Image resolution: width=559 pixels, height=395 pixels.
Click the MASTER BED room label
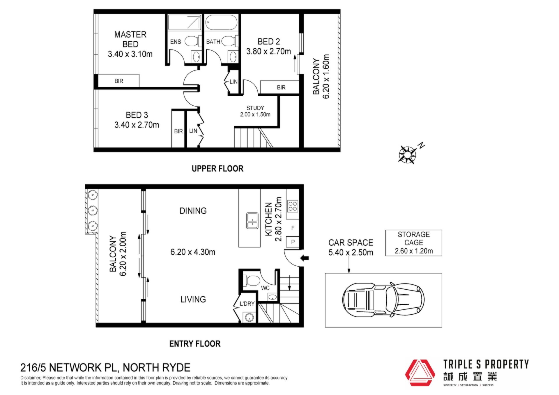pos(130,39)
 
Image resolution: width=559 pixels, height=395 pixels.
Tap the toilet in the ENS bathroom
pos(192,41)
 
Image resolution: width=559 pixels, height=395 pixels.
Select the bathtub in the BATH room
pos(221,22)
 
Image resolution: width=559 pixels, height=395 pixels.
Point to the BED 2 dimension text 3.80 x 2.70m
pos(268,52)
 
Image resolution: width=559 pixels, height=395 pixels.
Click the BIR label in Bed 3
pos(178,131)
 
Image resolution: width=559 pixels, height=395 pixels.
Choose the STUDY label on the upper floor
pos(255,108)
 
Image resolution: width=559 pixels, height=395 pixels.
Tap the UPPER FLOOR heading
pos(217,169)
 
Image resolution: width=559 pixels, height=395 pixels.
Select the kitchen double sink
pos(252,221)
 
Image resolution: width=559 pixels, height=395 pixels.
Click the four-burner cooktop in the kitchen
pos(293,206)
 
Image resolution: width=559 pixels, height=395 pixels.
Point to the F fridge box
pos(293,228)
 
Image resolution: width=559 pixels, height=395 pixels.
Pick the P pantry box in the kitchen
pos(293,242)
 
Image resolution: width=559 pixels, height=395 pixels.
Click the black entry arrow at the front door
pos(305,258)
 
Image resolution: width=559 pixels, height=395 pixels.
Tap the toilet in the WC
pos(252,281)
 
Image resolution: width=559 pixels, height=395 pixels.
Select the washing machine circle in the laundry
pos(250,317)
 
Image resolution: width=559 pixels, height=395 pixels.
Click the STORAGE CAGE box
pos(414,243)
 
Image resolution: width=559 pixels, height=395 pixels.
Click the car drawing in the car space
pos(383,300)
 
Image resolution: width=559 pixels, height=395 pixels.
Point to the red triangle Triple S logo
pos(420,373)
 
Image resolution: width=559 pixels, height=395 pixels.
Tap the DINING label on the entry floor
pos(193,211)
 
